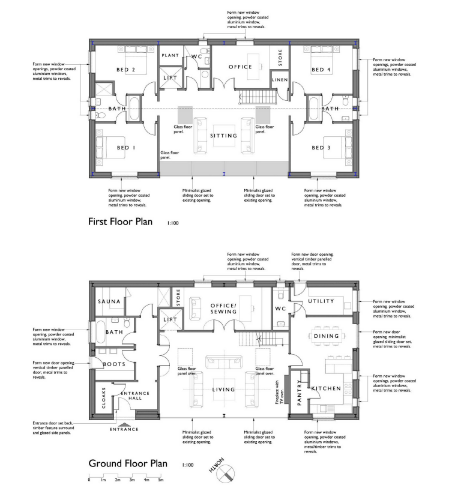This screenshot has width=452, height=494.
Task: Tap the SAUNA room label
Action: [110, 301]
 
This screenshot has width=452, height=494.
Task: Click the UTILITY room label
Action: [320, 301]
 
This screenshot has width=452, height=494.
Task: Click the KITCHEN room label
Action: [326, 389]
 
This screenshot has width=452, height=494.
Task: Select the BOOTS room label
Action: [113, 364]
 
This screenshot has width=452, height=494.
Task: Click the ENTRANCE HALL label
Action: [136, 397]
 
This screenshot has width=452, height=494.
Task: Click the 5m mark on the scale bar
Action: [160, 480]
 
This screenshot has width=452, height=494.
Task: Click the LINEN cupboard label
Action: [279, 80]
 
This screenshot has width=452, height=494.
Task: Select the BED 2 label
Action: [125, 70]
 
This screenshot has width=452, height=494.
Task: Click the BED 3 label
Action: [321, 147]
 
